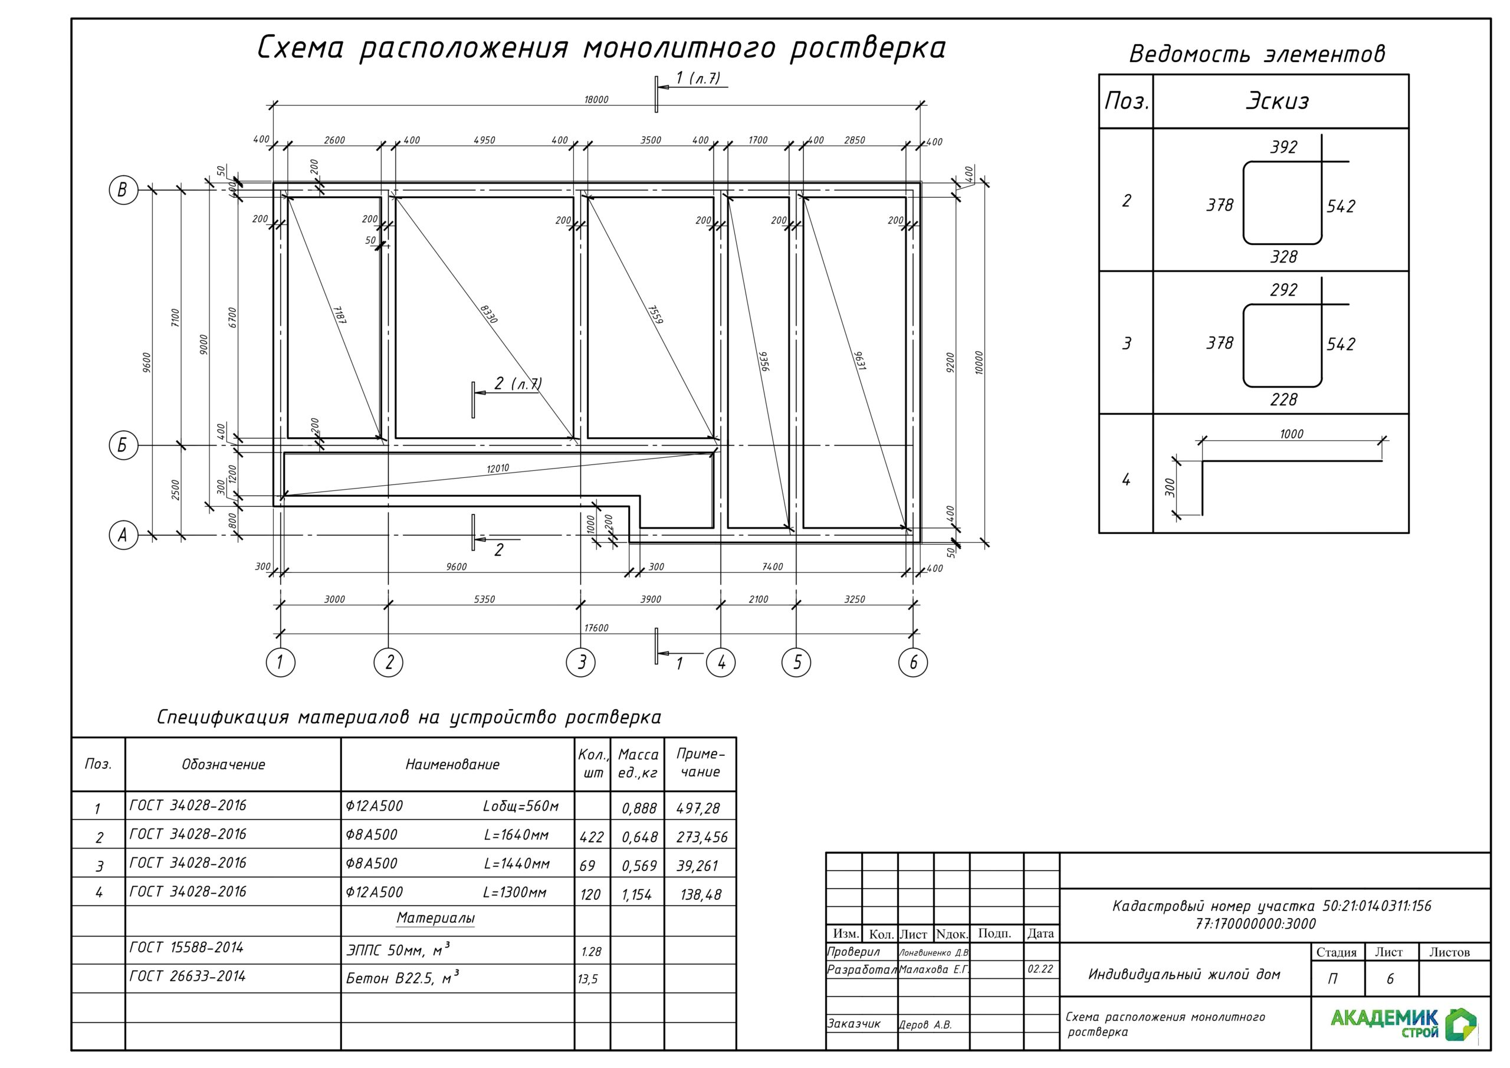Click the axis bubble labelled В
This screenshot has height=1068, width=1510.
point(123,190)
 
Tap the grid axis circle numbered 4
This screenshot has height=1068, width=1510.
point(721,662)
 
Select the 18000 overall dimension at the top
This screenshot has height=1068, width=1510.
point(596,99)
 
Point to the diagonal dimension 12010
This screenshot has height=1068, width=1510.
point(498,469)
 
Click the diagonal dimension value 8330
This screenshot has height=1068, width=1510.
point(488,314)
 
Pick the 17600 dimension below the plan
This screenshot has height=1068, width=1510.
point(596,628)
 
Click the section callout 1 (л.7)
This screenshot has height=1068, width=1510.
point(698,78)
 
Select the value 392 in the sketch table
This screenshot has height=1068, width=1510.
point(1283,147)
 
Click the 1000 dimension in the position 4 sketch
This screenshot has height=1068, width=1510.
point(1291,434)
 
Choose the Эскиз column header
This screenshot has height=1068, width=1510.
point(1277,101)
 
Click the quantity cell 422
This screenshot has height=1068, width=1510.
point(591,837)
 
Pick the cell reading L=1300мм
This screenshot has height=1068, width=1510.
point(515,893)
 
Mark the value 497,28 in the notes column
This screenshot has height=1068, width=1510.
point(698,808)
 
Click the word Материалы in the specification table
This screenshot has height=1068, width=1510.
point(435,919)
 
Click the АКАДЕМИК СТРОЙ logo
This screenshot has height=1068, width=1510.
point(1403,1023)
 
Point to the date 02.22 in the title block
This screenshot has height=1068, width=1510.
point(1040,969)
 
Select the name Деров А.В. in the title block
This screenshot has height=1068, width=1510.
point(925,1024)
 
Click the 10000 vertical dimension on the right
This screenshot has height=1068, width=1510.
point(979,362)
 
